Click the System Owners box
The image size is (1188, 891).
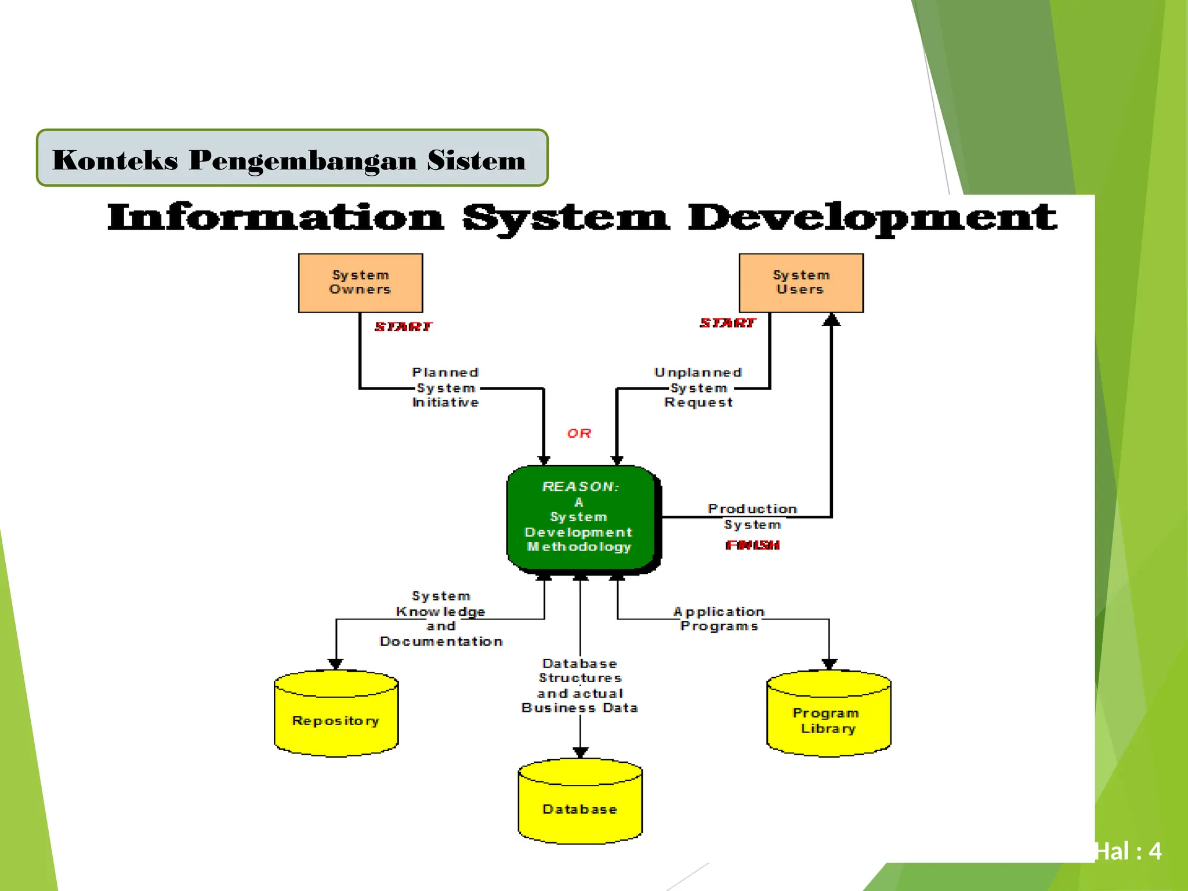click(x=360, y=283)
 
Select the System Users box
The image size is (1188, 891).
click(x=801, y=283)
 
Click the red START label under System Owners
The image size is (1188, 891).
click(x=403, y=327)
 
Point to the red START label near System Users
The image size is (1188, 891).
click(x=728, y=323)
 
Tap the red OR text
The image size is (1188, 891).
click(x=579, y=433)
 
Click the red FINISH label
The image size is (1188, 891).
click(x=752, y=545)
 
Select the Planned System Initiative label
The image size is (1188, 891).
click(x=445, y=387)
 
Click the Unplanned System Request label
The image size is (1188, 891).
click(x=698, y=387)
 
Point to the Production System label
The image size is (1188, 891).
click(x=752, y=517)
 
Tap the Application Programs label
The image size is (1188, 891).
click(x=719, y=619)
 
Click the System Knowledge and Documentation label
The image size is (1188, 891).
click(x=441, y=619)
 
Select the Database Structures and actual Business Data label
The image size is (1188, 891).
click(x=580, y=686)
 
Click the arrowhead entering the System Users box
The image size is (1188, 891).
click(x=831, y=320)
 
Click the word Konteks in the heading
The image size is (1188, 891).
click(x=115, y=160)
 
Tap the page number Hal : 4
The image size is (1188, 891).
click(x=1128, y=852)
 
